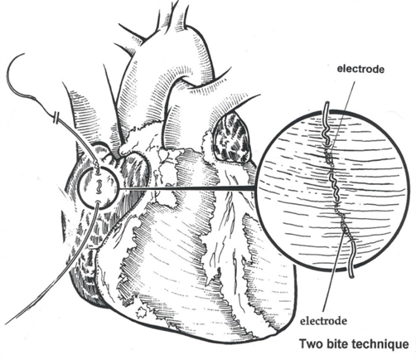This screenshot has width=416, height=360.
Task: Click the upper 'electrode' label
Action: click(360, 69)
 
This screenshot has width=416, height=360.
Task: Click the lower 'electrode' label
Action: click(323, 321)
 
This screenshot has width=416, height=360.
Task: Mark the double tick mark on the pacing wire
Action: click(56, 117)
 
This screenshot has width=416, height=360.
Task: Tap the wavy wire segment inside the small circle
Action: click(99, 187)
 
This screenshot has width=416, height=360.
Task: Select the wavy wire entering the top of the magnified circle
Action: click(327, 124)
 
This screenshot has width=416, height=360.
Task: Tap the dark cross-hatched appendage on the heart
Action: click(231, 139)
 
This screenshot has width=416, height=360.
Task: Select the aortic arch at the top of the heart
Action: click(177, 50)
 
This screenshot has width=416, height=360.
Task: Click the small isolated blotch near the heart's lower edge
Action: click(143, 312)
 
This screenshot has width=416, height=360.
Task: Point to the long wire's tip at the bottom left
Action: click(6, 324)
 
